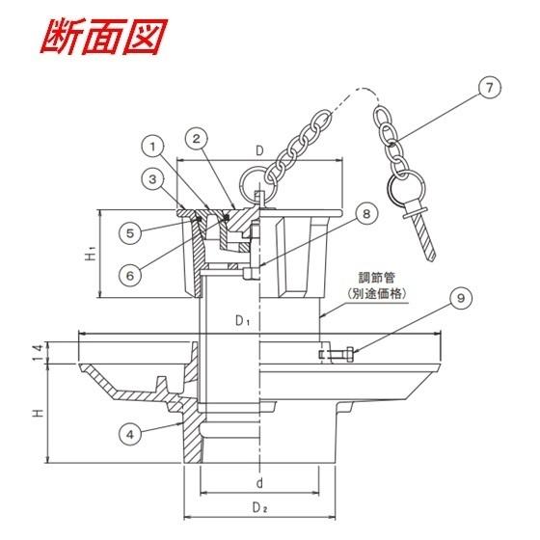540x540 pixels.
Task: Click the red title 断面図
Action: pos(104,37)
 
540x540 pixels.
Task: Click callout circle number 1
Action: pos(153,147)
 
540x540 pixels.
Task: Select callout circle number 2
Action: pos(197,139)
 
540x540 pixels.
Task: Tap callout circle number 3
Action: pos(152,179)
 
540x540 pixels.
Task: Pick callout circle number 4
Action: pos(130,435)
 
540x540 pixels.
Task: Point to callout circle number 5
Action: pos(130,233)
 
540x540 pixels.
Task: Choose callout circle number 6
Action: pos(130,276)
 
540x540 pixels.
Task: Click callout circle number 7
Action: pos(490,88)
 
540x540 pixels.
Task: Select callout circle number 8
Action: pos(366,213)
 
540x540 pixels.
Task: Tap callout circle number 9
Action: pos(461,298)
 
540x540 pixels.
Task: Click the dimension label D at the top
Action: pos(259,150)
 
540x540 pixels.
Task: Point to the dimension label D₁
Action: pos(243,320)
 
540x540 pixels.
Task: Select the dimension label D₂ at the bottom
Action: pos(260,507)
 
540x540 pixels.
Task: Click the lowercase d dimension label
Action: pos(259,483)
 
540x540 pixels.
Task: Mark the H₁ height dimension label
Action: pos(91,254)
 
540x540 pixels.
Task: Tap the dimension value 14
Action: pos(39,352)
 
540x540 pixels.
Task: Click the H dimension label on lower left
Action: pos(39,413)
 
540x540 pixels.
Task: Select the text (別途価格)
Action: pos(377,294)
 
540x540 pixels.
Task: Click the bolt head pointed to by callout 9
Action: pos(349,354)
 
